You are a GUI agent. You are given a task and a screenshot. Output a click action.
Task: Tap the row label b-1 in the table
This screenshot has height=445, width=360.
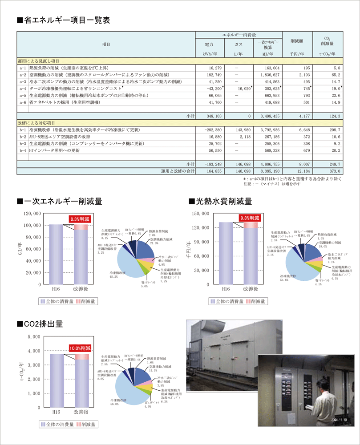(23, 129)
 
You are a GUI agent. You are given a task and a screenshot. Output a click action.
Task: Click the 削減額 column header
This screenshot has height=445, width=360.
(296, 40)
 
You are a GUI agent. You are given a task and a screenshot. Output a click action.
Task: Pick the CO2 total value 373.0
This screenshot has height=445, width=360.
(334, 170)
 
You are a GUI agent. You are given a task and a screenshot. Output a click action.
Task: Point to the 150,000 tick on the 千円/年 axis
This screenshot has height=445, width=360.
(201, 214)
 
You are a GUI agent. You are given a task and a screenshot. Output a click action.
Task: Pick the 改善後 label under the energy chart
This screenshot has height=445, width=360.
(81, 289)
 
